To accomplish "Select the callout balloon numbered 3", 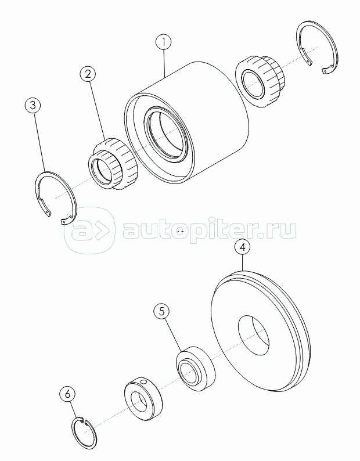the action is coord(33,106).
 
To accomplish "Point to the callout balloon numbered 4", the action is coord(242,247).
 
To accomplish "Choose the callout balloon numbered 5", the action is coord(162,312).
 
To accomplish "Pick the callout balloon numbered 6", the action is coord(67,394).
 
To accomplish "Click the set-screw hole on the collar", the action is coord(143,382).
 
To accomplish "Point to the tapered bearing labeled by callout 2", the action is coord(114,164).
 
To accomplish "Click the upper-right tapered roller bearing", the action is coord(260,82).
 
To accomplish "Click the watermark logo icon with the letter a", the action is coord(89,230).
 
